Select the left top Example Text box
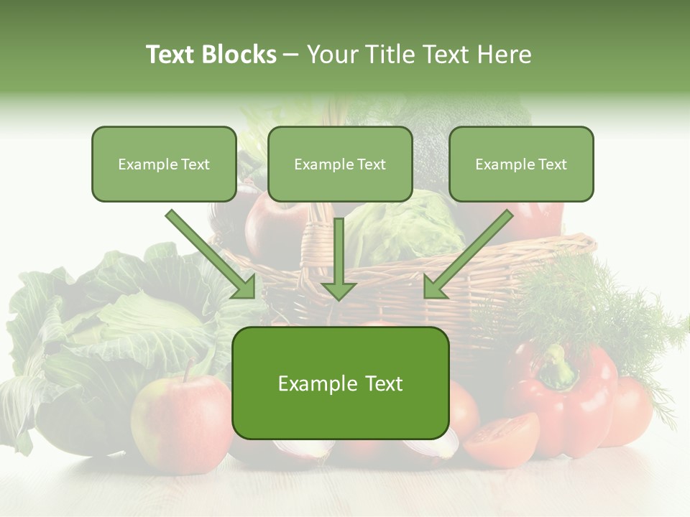(x=164, y=164)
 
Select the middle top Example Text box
(x=340, y=164)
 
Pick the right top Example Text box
(x=521, y=164)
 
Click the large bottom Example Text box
(x=340, y=383)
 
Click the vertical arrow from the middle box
(x=339, y=258)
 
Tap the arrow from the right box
(x=468, y=254)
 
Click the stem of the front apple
(x=189, y=371)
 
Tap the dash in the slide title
(x=291, y=55)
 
